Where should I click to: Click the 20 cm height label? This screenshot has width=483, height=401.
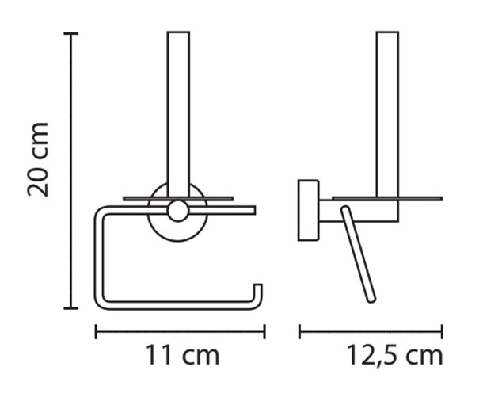click(x=38, y=159)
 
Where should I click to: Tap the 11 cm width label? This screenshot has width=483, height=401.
click(x=182, y=355)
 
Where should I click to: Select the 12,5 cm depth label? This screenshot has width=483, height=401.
click(x=395, y=355)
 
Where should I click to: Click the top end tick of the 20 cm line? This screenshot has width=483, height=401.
click(x=70, y=33)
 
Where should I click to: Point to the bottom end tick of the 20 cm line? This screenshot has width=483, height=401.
click(x=70, y=308)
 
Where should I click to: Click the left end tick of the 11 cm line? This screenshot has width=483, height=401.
click(x=96, y=331)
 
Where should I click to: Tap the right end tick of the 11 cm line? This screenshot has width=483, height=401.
click(x=264, y=331)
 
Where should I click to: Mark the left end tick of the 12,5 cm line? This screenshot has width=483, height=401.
click(x=299, y=331)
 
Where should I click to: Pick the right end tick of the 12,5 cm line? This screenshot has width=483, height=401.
click(x=442, y=331)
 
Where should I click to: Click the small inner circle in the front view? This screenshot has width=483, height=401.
click(x=178, y=211)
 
